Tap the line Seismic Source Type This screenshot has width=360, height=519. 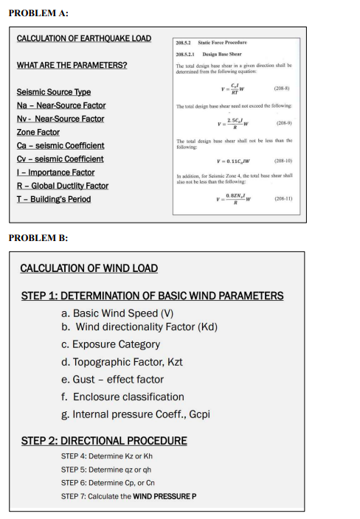click(53, 92)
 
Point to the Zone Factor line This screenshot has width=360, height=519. click(38, 132)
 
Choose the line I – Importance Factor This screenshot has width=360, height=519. click(55, 172)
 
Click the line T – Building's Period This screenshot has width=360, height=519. click(53, 199)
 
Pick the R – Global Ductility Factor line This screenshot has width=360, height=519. click(62, 185)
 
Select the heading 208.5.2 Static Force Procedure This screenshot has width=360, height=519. click(211, 43)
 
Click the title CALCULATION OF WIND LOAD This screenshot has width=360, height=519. click(89, 268)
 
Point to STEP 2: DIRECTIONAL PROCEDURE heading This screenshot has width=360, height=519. click(103, 441)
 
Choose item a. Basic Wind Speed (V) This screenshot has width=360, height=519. click(118, 313)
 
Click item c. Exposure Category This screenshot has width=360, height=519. click(111, 344)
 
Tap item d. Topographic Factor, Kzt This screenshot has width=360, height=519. click(122, 361)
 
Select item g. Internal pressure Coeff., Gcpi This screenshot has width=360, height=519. click(136, 414)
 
